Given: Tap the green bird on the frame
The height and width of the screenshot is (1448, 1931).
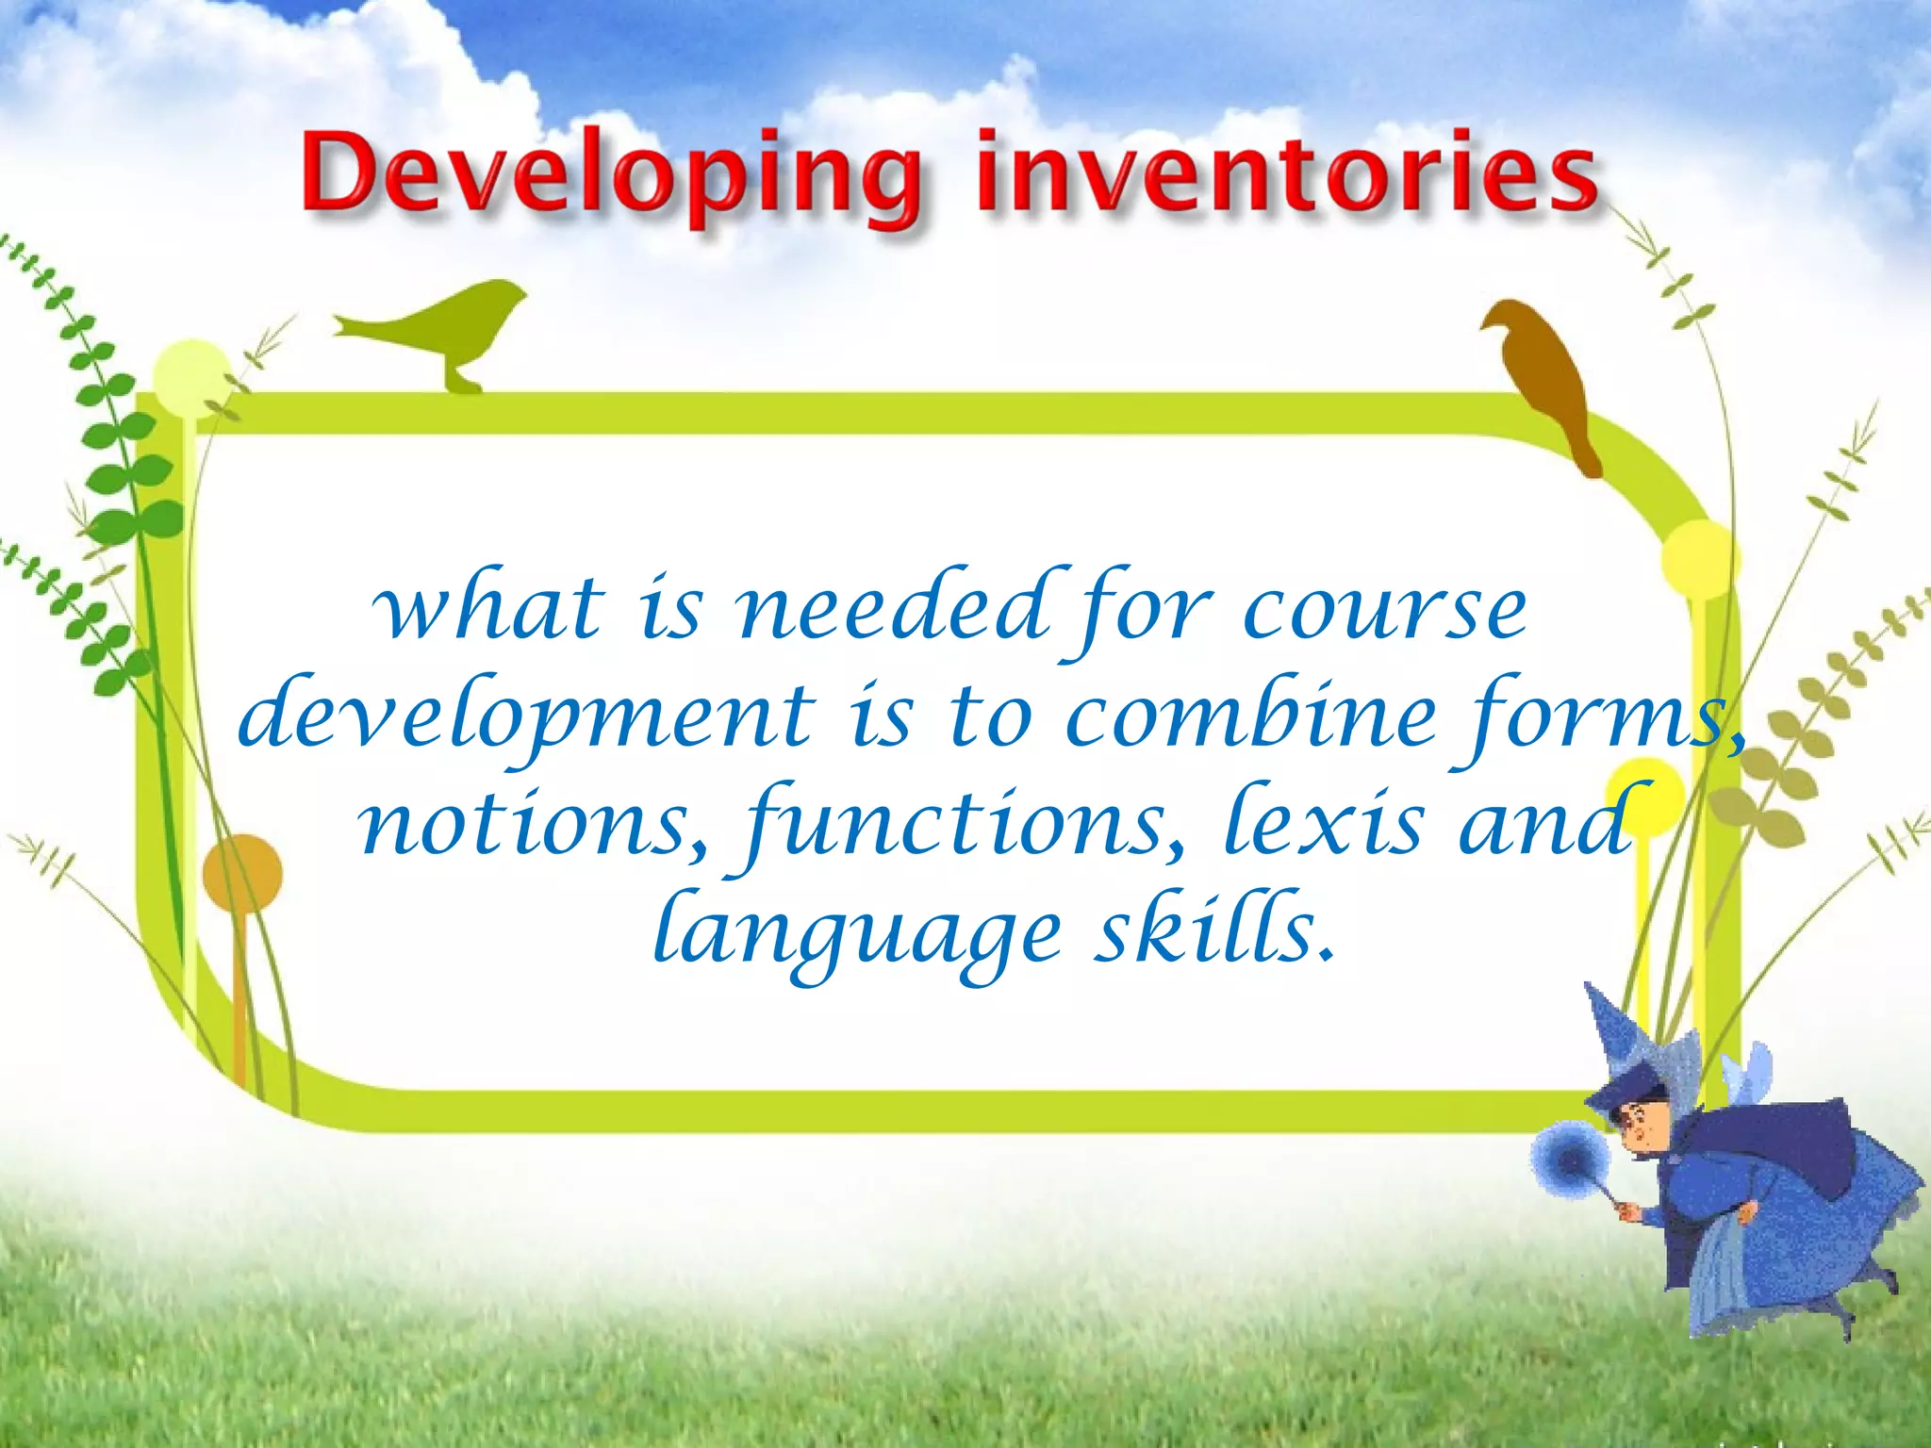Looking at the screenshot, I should tap(453, 325).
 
